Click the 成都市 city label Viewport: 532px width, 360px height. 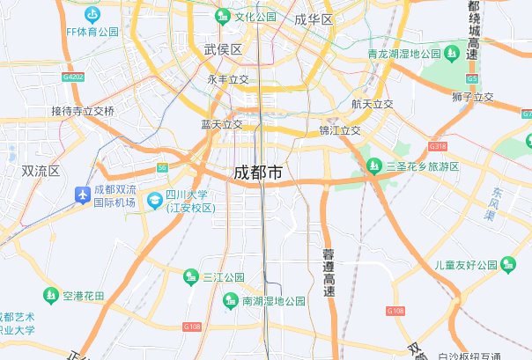pos(258,173)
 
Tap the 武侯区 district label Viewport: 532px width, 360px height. pos(222,49)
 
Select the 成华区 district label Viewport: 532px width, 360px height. pos(314,19)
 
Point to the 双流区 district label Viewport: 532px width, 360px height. pos(40,171)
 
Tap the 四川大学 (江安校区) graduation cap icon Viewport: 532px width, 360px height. pos(154,201)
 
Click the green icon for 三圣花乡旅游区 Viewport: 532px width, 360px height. pos(376,166)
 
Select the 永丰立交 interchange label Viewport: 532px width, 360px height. pos(228,79)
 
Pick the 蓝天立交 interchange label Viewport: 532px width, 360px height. pos(221,125)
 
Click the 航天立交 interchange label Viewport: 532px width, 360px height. pos(372,104)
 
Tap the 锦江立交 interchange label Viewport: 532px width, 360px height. pos(340,130)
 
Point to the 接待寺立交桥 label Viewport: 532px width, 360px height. pos(83,111)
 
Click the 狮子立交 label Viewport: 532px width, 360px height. pos(472,97)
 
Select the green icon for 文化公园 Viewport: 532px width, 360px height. pos(223,17)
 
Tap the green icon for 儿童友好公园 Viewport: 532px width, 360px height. pos(506,264)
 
